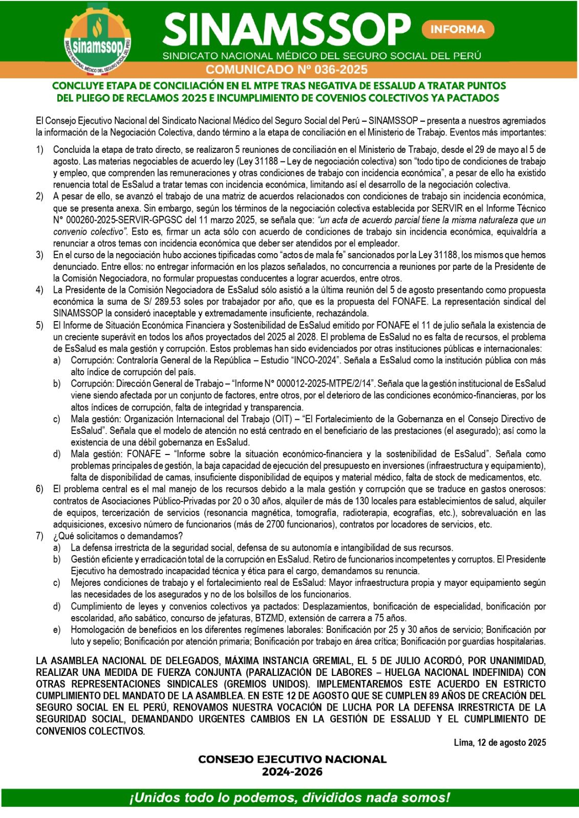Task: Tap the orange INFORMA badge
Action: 457,29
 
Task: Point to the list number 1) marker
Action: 39,150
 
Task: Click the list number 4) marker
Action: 39,290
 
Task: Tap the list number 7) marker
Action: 39,536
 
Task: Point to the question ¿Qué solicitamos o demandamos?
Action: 118,536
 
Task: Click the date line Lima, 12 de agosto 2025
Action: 500,742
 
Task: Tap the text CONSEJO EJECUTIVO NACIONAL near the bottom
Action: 292,759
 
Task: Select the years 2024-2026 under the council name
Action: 292,771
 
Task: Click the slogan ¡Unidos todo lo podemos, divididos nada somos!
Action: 289,797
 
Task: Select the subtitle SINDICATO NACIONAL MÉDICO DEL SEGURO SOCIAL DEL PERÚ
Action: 321,55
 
